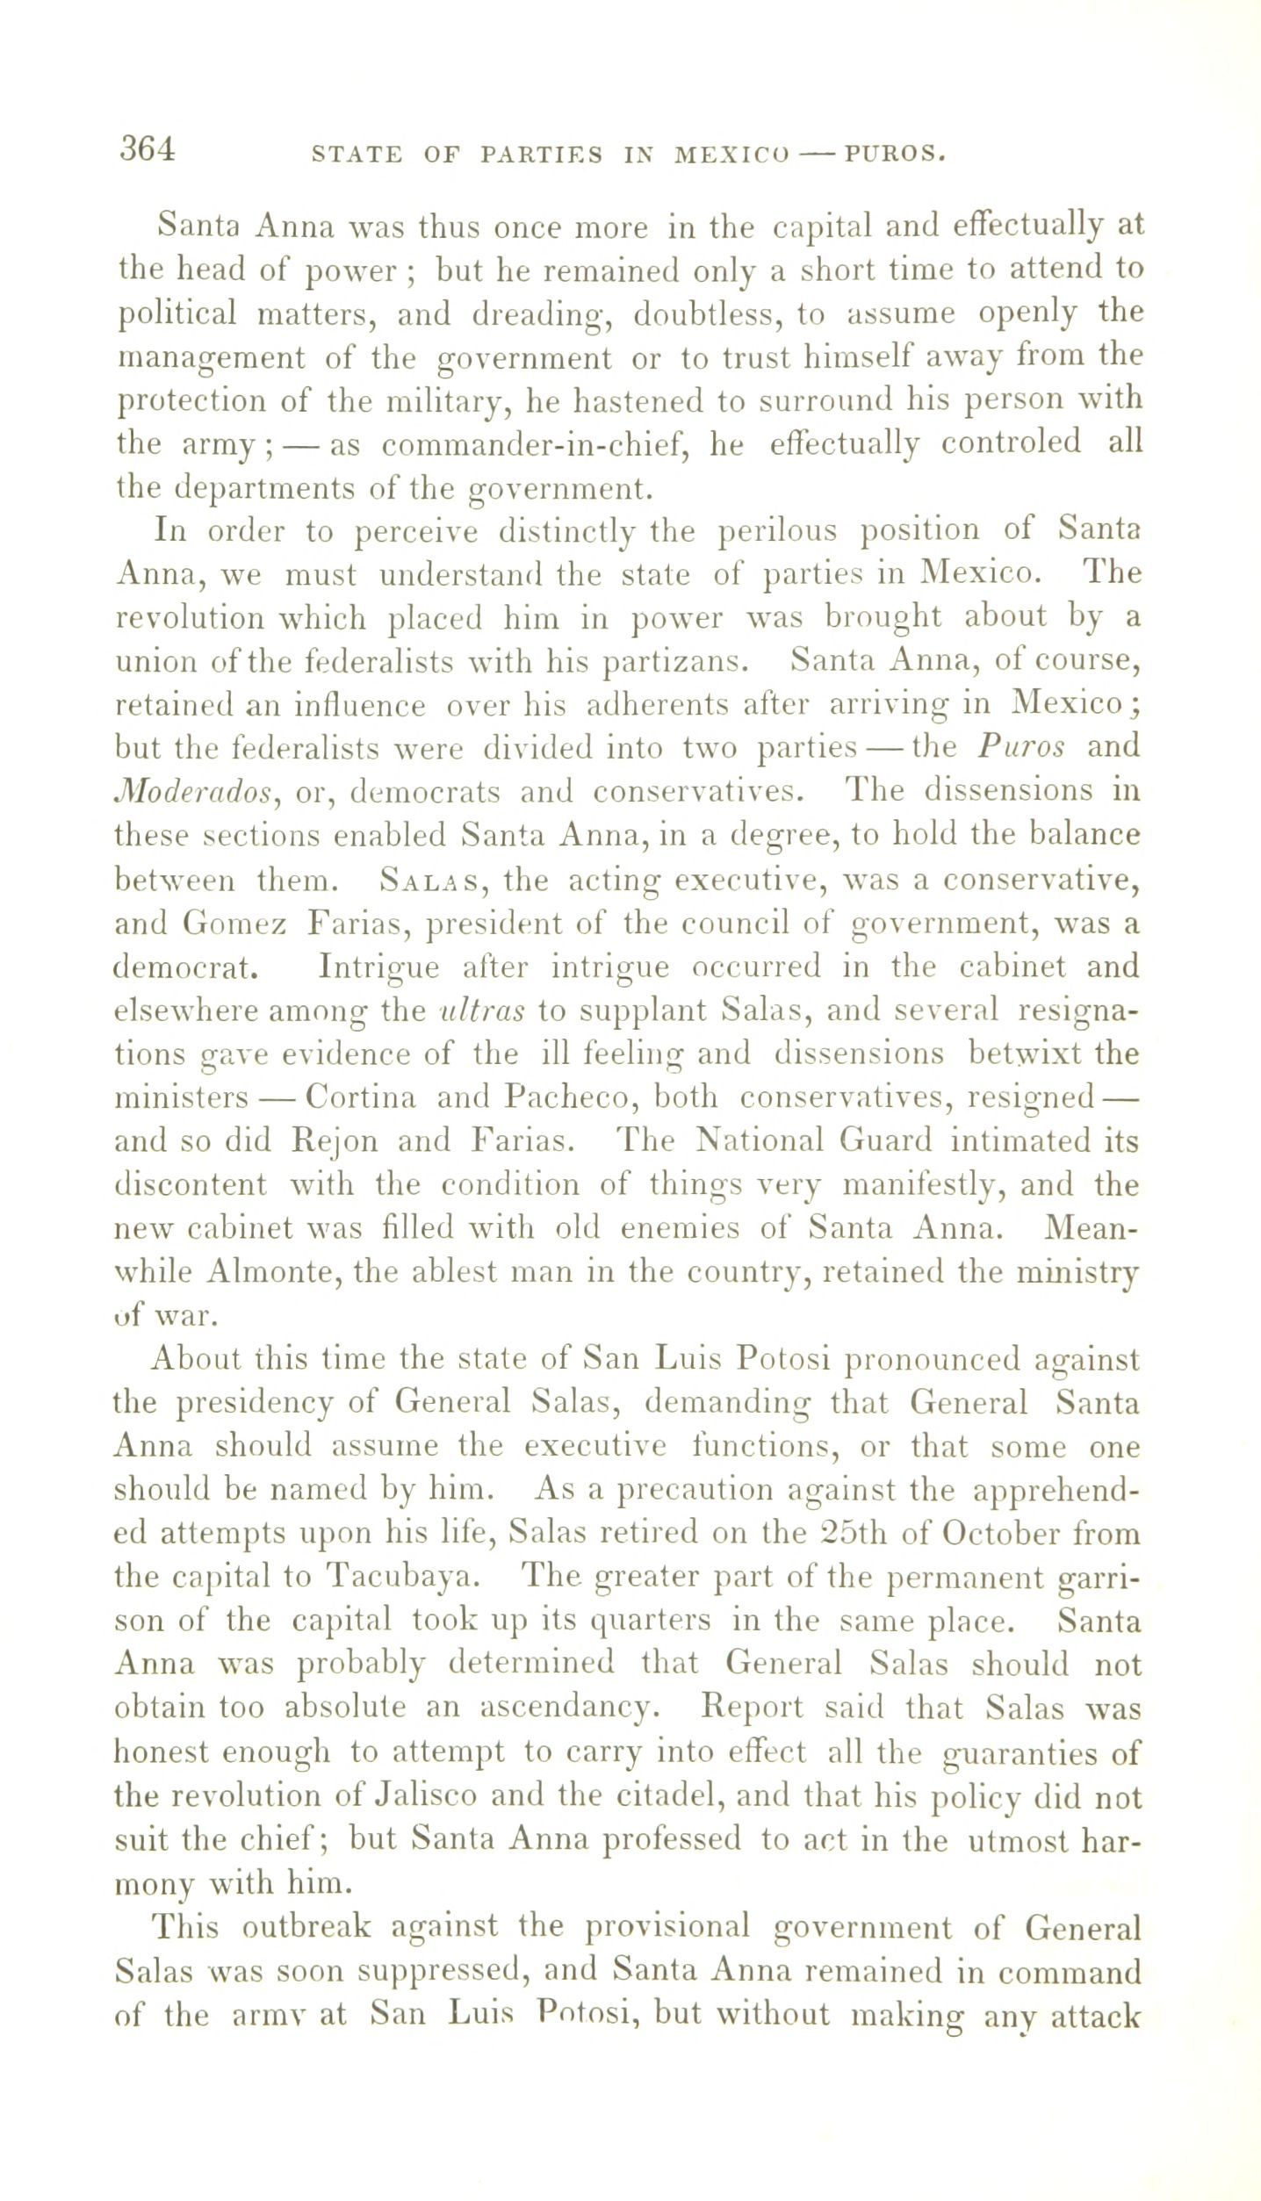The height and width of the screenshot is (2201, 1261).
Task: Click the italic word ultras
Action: tap(481, 1011)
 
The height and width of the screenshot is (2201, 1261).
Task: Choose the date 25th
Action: tap(854, 1533)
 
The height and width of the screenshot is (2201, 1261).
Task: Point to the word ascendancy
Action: tap(566, 1708)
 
